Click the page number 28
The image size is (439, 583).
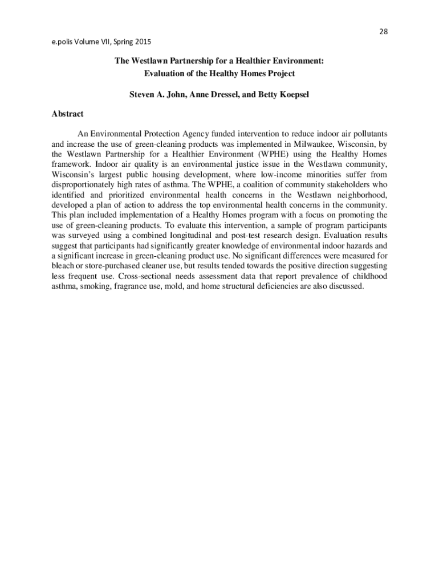pyautogui.click(x=383, y=31)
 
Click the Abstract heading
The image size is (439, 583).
pyautogui.click(x=67, y=114)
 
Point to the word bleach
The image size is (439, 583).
pyautogui.click(x=63, y=266)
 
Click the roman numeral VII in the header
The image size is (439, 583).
pyautogui.click(x=109, y=42)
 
